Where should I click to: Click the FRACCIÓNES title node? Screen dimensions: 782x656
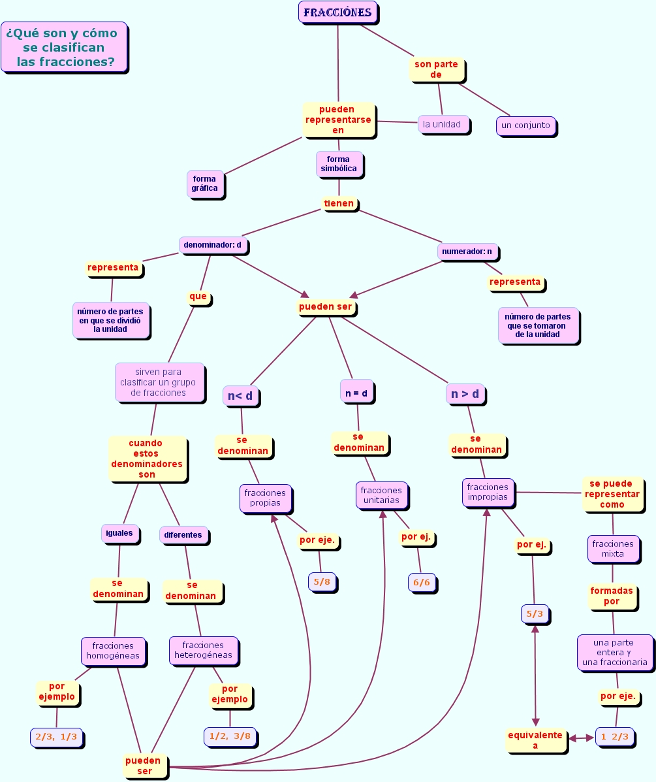337,12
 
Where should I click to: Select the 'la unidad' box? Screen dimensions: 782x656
443,124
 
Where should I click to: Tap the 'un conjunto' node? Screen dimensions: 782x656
525,125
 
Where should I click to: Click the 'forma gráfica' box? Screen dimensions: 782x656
205,184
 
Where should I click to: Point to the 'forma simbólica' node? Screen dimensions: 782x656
339,164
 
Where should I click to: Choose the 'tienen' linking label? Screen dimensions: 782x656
339,203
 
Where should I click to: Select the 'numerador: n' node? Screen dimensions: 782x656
467,251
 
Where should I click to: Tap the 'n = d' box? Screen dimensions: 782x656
356,393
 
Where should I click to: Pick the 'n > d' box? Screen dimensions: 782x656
465,394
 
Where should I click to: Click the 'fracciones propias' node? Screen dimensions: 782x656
265,498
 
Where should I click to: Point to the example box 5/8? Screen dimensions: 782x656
322,581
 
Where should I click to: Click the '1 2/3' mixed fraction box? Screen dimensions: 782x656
614,736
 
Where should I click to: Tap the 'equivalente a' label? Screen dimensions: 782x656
535,740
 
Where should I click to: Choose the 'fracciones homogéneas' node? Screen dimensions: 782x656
113,651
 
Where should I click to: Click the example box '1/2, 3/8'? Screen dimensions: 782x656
230,736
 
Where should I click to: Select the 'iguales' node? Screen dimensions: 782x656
120,532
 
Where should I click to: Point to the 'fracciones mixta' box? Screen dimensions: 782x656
612,548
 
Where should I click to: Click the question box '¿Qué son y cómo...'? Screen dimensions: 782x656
63,47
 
